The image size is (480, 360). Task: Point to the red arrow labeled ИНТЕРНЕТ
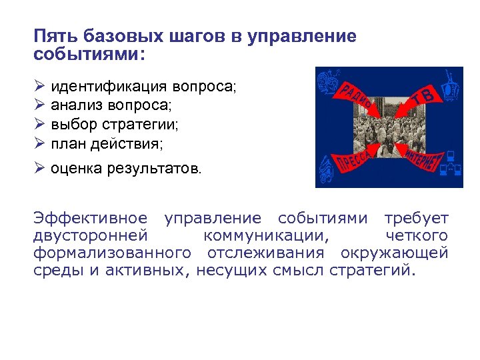point(421,157)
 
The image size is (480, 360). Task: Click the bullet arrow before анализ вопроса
point(39,105)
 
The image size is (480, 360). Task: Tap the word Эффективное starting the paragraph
point(90,219)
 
